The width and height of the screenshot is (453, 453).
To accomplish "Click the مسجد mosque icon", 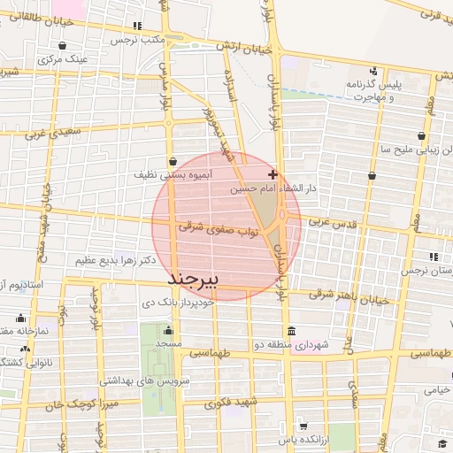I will (169, 331).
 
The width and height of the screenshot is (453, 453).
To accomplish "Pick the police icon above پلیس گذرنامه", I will (373, 71).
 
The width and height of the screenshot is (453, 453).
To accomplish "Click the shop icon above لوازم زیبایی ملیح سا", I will (421, 135).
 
